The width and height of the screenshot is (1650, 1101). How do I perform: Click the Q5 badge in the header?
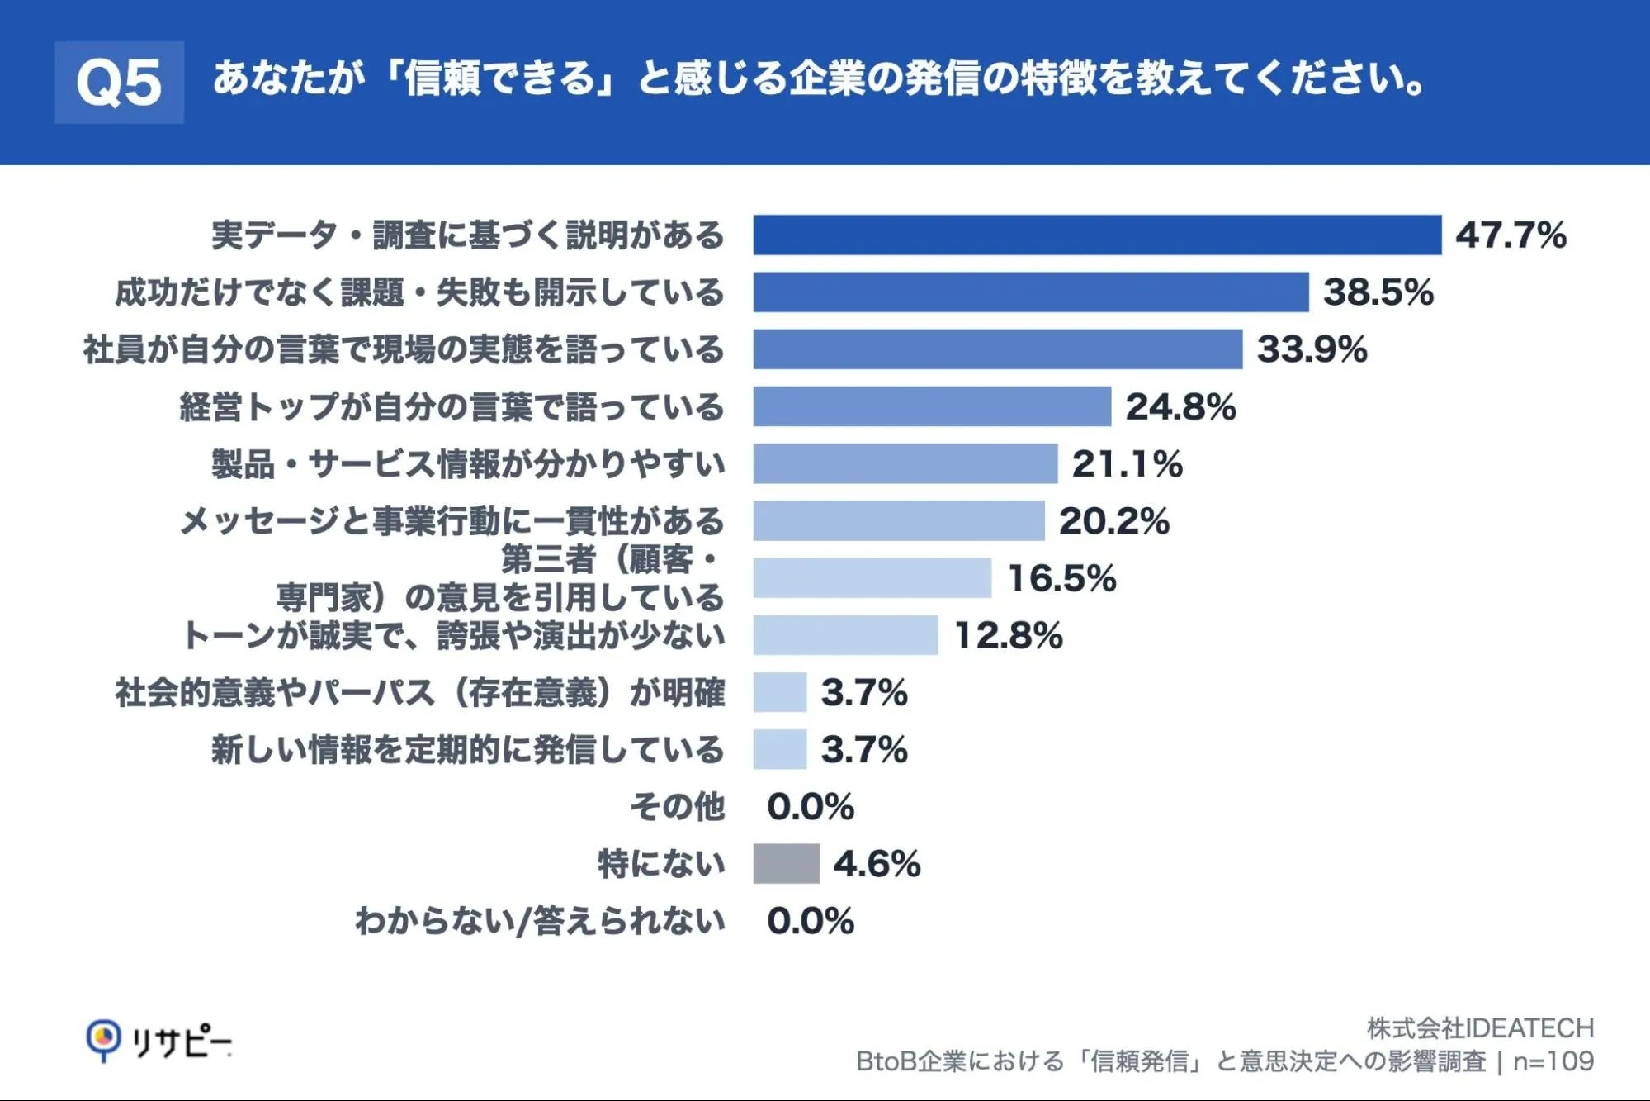(x=119, y=83)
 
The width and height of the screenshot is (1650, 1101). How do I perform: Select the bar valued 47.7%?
(x=1097, y=235)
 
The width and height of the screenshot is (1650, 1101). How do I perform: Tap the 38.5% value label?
(x=1378, y=292)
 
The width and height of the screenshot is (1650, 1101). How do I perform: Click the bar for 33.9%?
(x=997, y=349)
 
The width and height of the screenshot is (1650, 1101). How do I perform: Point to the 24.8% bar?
(x=932, y=406)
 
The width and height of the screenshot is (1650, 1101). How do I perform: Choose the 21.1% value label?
(x=1128, y=464)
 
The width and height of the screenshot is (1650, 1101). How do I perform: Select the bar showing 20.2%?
(x=899, y=520)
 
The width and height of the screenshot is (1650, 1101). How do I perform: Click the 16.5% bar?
(x=872, y=577)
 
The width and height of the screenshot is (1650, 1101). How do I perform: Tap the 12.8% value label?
(x=1009, y=636)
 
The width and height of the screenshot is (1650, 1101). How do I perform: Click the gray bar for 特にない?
(x=786, y=864)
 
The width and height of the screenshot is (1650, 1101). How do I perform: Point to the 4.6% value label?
(x=877, y=865)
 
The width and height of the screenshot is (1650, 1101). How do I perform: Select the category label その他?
(x=678, y=807)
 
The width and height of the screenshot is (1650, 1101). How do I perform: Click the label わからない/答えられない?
(x=540, y=921)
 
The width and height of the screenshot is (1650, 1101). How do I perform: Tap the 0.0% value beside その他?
(x=811, y=807)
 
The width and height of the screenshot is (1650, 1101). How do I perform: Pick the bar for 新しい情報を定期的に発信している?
(x=779, y=749)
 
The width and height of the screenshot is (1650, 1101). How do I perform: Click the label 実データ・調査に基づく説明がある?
(x=468, y=235)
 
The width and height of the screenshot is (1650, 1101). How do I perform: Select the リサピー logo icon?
(x=103, y=1041)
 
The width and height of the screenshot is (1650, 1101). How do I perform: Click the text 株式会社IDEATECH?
(x=1480, y=1028)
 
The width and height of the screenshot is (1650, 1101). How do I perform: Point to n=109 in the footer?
(x=1553, y=1061)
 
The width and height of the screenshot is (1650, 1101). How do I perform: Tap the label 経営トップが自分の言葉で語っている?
(x=452, y=407)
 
